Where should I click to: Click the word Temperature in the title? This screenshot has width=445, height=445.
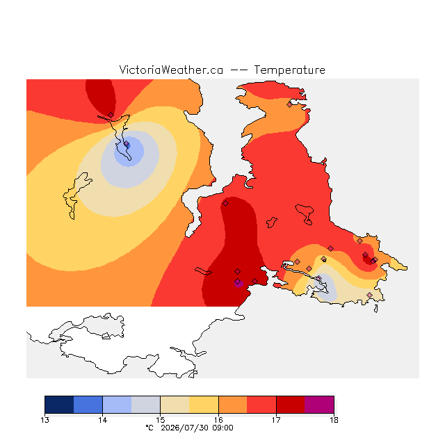tap(289, 70)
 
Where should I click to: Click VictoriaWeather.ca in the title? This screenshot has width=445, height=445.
tap(171, 70)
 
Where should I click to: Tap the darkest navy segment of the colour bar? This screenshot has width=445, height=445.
tap(59, 405)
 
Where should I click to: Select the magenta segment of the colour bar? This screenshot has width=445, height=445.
tap(319, 405)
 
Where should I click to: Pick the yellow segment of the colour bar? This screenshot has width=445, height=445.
tap(204, 405)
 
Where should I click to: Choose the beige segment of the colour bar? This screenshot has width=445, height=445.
tap(175, 405)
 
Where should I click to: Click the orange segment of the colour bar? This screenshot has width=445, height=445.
tap(233, 405)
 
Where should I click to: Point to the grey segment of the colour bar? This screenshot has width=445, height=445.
tap(146, 405)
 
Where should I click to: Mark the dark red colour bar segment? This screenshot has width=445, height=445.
tap(291, 405)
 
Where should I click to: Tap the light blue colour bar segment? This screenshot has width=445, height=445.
tap(118, 405)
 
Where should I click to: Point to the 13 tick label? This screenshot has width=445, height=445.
tap(44, 420)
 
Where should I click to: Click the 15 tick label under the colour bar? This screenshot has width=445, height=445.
tap(161, 420)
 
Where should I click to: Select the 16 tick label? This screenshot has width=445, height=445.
tap(218, 420)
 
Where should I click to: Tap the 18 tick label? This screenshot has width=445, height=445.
tap(334, 420)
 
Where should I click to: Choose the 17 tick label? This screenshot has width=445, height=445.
tap(276, 420)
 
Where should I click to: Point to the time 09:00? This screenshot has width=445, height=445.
tap(223, 428)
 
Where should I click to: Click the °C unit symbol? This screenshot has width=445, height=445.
tap(149, 428)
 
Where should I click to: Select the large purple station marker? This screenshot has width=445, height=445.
tap(238, 282)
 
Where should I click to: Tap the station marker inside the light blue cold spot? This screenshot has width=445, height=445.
tap(127, 144)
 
